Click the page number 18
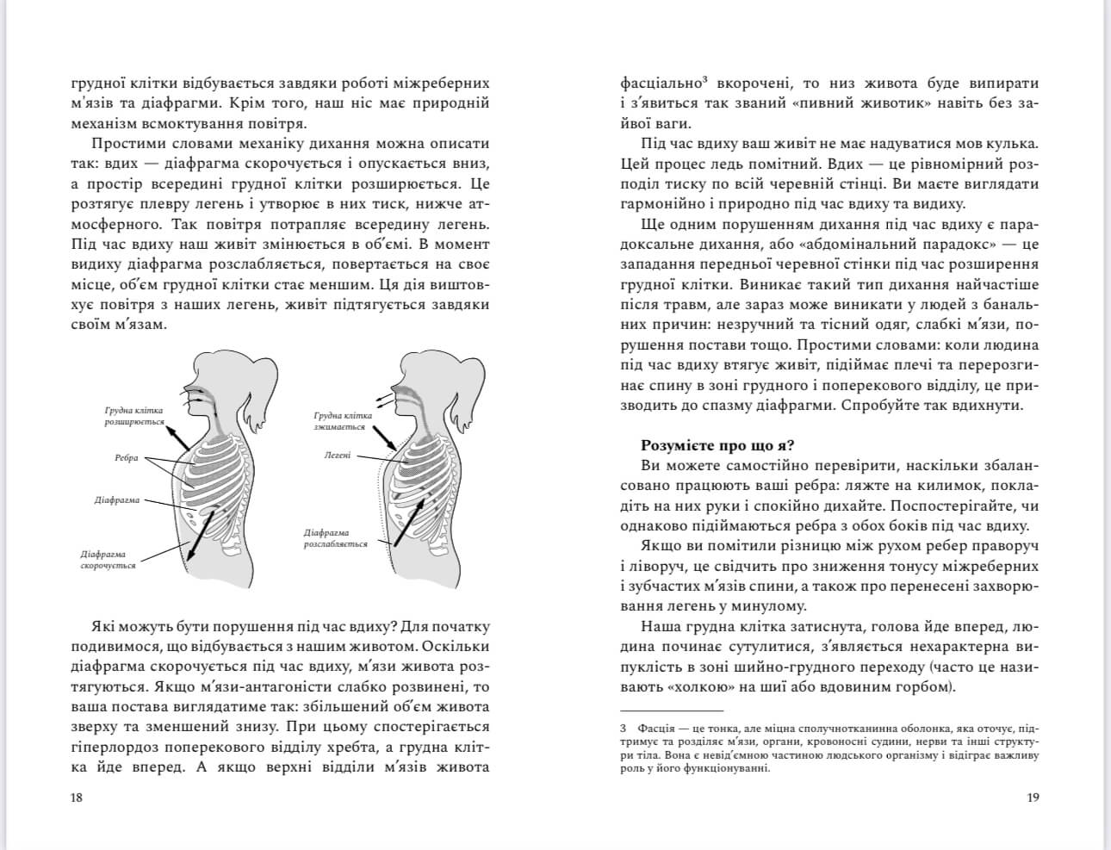tap(76, 797)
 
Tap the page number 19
tap(1033, 797)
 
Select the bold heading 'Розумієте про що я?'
tap(718, 445)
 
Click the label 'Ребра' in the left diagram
tap(126, 458)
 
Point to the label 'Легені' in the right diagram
tap(338, 455)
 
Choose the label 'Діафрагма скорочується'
tap(109, 560)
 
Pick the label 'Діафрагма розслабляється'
tap(335, 538)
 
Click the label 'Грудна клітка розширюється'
tap(134, 417)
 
